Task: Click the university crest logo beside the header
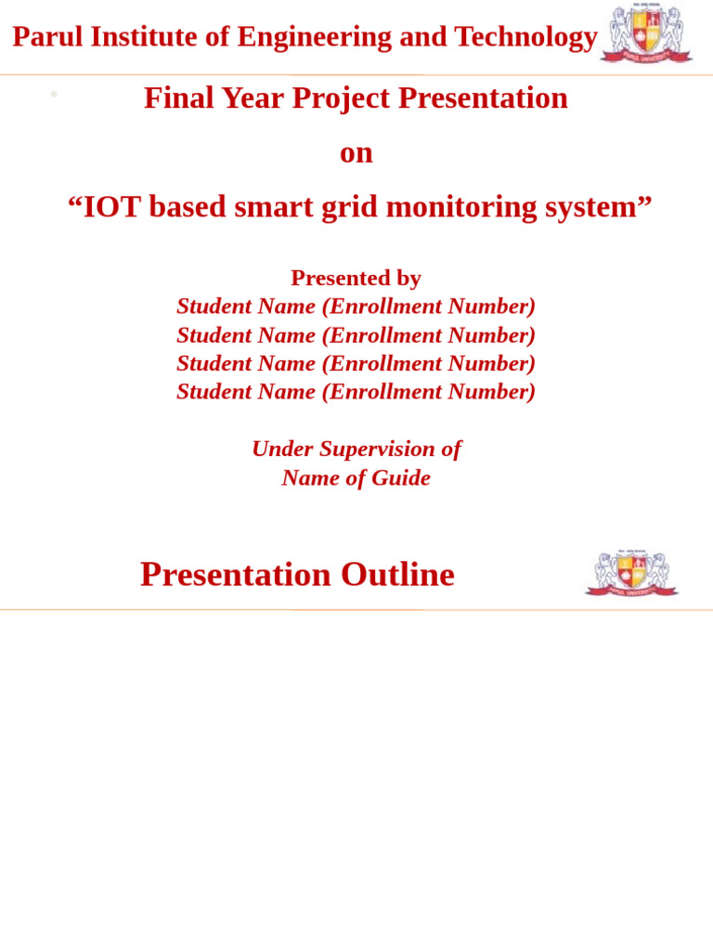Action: [646, 33]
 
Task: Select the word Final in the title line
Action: [176, 98]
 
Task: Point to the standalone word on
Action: [356, 152]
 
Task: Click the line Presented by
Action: [356, 278]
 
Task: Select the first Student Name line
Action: [356, 306]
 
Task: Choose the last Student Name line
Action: [356, 392]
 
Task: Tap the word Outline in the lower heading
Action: [397, 575]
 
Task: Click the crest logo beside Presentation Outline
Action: [632, 574]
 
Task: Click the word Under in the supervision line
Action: [282, 449]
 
